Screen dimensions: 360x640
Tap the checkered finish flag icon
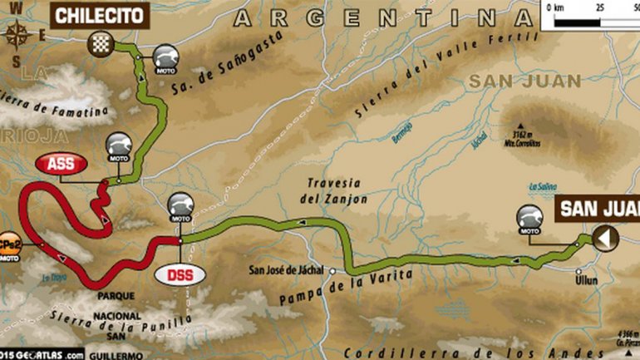point(103,42)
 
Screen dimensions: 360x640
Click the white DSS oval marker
point(180,273)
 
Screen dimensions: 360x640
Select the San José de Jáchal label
point(288,269)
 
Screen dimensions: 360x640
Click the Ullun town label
point(586,281)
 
